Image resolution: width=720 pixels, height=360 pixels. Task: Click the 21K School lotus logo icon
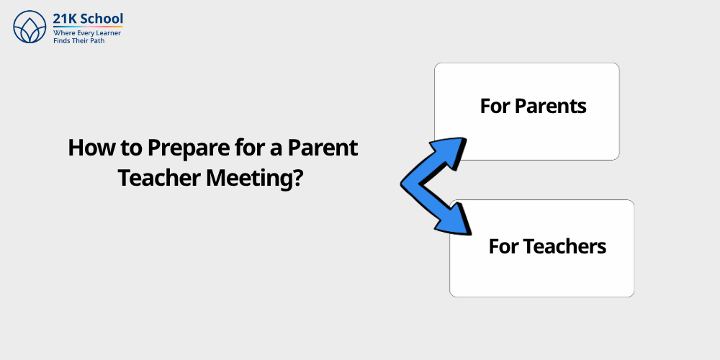tap(30, 27)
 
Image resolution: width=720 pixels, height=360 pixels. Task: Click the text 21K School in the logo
tap(88, 19)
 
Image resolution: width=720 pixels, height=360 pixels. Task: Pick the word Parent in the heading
tap(323, 148)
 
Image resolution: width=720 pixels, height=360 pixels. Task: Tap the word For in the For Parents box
tap(495, 107)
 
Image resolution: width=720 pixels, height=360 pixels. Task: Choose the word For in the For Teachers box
tap(503, 246)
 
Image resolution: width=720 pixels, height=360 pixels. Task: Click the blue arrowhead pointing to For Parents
tap(451, 148)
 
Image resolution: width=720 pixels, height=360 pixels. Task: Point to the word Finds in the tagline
tap(63, 41)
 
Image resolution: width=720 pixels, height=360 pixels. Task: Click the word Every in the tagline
tap(86, 33)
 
